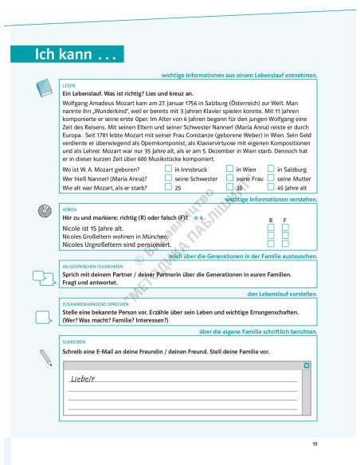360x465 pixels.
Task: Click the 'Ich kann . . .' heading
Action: pos(67,55)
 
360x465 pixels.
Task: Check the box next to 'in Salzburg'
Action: pos(270,169)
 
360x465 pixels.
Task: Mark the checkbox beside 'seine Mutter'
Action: pos(270,178)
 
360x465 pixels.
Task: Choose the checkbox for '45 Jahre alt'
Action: pos(270,188)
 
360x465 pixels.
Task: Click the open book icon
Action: pos(45,88)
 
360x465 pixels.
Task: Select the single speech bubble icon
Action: pos(44,312)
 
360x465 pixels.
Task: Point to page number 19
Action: pos(315,443)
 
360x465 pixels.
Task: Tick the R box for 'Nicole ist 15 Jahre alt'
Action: pos(271,227)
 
